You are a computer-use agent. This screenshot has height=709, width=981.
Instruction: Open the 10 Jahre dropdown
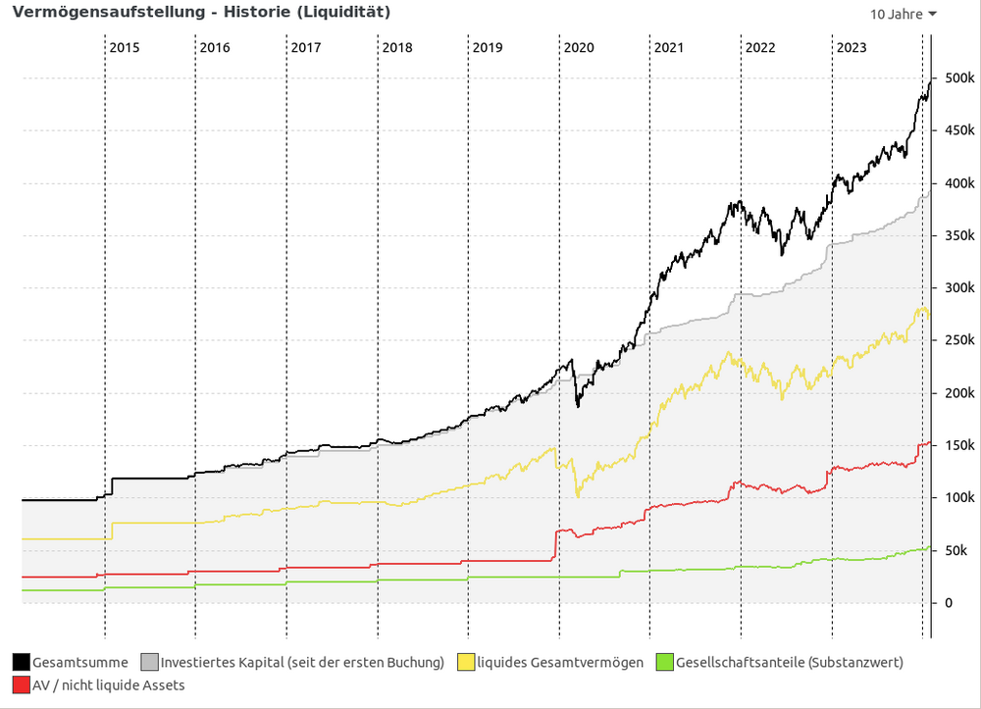903,14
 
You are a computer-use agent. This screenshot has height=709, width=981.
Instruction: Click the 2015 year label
124,47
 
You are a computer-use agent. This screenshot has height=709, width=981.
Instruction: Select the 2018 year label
396,47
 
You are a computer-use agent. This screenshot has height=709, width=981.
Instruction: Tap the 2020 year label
579,47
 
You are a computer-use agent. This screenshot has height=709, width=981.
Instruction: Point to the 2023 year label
851,47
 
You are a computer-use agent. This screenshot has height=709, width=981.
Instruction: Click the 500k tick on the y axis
958,78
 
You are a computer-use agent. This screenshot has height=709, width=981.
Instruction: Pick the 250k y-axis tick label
958,340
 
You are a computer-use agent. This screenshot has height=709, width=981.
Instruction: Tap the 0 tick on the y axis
948,602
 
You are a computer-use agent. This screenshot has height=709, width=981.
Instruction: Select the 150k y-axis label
958,445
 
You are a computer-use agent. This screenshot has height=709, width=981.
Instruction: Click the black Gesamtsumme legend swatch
22,663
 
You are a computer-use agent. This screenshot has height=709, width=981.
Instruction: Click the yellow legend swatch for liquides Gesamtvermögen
467,663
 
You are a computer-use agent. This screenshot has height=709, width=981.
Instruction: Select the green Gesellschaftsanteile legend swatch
665,663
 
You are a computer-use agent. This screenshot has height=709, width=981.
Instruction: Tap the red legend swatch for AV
22,685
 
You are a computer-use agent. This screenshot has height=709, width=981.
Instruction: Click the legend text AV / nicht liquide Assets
108,685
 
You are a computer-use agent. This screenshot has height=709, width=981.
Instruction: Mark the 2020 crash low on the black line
578,405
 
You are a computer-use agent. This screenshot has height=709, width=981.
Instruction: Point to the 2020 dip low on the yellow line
577,495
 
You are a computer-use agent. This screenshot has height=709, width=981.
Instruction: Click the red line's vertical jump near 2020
555,545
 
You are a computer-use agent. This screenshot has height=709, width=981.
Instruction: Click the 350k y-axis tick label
958,235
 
